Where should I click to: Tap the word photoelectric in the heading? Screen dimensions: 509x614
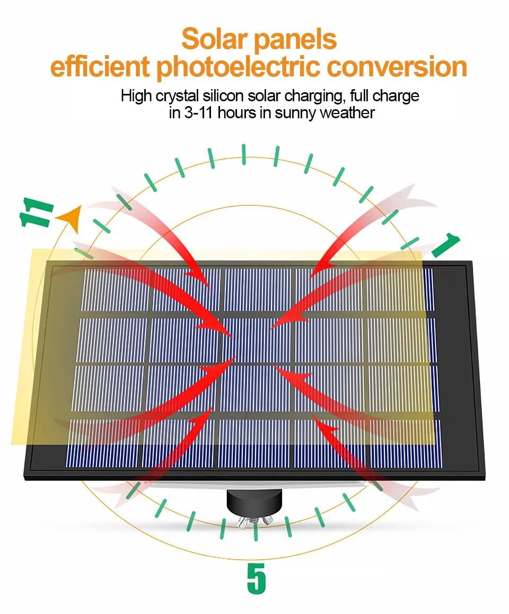[x=239, y=67]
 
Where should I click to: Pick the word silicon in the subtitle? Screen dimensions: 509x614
[x=218, y=96]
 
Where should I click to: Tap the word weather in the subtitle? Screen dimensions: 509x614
[x=347, y=112]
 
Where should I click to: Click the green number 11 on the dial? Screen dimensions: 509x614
[x=37, y=214]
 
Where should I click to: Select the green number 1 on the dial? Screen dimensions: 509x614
[x=445, y=245]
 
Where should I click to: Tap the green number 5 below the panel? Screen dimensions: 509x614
[x=256, y=577]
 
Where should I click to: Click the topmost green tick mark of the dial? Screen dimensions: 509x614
[x=244, y=154]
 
